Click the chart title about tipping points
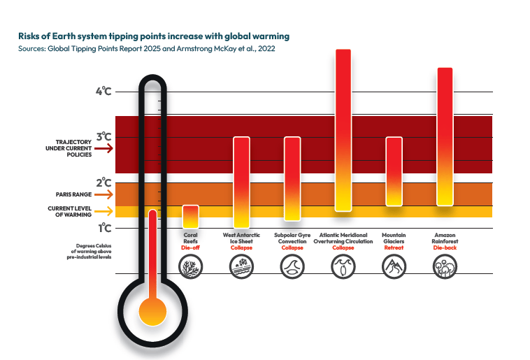coord(154,35)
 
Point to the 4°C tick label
coord(104,91)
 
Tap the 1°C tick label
coord(104,228)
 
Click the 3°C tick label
coord(104,136)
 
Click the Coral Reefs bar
coord(190,216)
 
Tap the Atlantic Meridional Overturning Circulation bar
coord(343,130)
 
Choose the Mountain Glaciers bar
coord(394,171)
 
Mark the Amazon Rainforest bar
coord(445,136)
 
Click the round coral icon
coord(190,266)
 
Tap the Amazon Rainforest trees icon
coord(445,266)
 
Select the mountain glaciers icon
coord(394,266)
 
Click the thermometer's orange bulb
coord(152,310)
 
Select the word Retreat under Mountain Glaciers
coord(394,248)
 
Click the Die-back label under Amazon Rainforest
coord(445,248)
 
